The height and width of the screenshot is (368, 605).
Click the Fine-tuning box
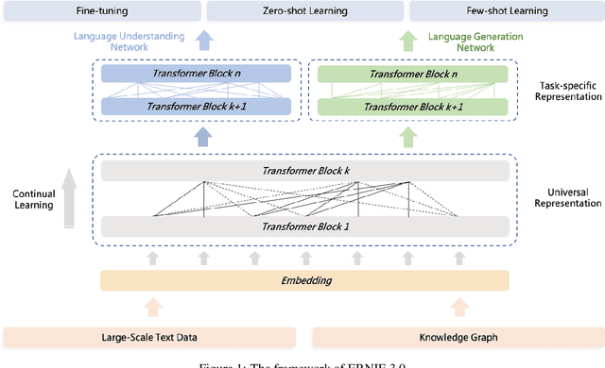(103, 11)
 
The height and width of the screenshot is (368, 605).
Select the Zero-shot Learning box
(303, 11)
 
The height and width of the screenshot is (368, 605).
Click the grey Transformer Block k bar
(304, 171)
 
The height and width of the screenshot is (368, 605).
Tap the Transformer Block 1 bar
(304, 226)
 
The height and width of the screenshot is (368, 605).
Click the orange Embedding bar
(304, 280)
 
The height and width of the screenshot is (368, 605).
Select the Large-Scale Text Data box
(149, 337)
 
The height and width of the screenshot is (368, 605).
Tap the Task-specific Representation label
(566, 90)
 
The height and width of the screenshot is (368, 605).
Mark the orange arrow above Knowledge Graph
(458, 306)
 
